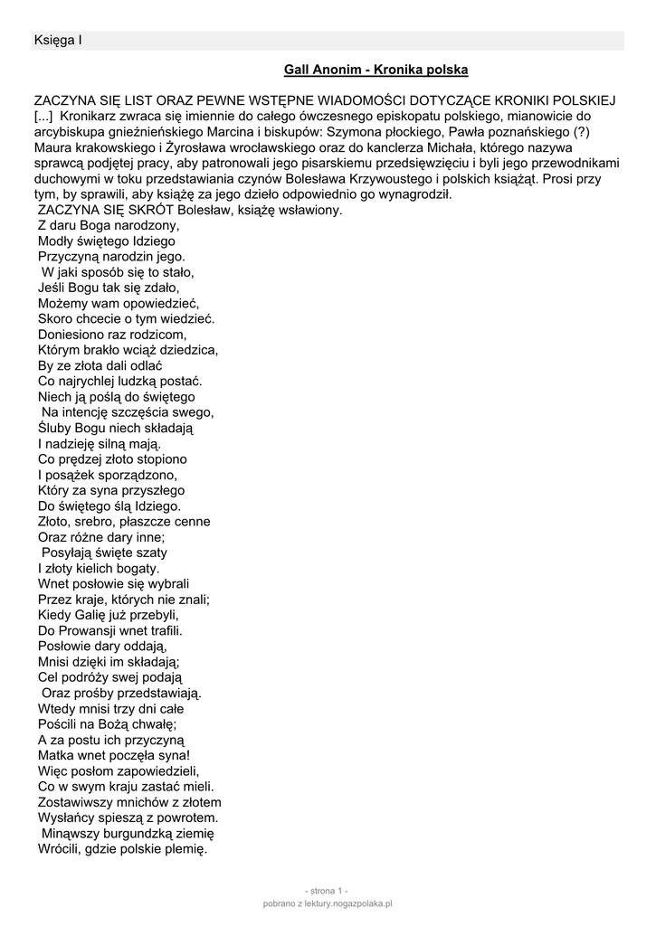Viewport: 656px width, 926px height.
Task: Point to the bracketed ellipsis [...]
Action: point(44,116)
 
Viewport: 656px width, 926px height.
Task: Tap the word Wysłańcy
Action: point(68,817)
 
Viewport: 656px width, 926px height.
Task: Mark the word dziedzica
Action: point(187,350)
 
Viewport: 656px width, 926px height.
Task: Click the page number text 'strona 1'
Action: point(327,890)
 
